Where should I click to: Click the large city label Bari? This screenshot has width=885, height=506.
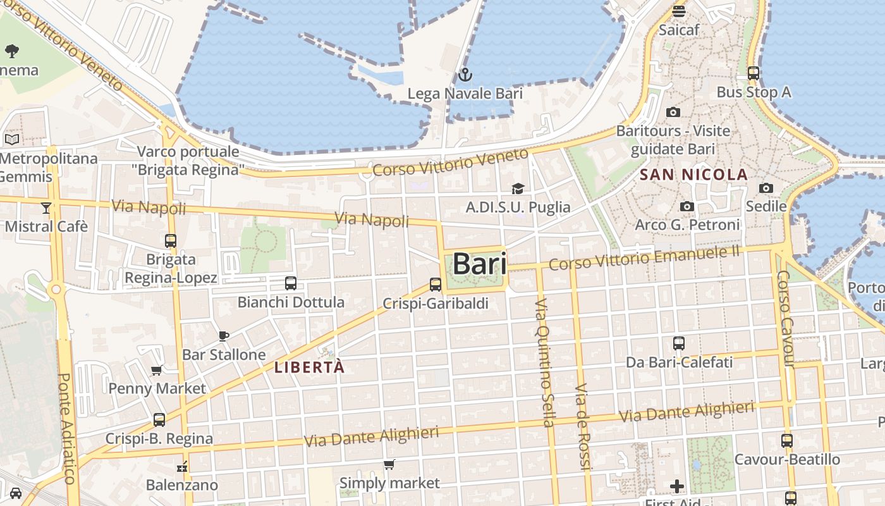[480, 264]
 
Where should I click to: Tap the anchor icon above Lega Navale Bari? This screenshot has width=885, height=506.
[465, 75]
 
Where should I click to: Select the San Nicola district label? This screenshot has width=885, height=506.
[694, 175]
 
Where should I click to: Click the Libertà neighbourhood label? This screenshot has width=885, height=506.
[310, 367]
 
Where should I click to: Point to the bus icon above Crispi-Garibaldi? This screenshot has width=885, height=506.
[436, 285]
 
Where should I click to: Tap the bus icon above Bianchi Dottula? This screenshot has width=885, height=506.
[291, 283]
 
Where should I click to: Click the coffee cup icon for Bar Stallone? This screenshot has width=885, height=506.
[223, 336]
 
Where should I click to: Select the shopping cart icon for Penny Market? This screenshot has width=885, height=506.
[156, 370]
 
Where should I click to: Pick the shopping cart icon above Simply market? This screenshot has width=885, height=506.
[389, 465]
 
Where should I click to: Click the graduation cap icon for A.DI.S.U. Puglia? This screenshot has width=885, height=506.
[518, 188]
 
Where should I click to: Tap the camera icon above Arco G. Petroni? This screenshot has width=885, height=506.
[687, 206]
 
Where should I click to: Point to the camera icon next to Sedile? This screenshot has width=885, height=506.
[766, 188]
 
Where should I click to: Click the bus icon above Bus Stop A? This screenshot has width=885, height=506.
[753, 73]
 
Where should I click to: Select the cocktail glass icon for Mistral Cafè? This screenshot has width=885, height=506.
[46, 207]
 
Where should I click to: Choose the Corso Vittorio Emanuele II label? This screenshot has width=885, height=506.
[644, 258]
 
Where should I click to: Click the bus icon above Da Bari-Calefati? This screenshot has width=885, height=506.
[679, 343]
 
